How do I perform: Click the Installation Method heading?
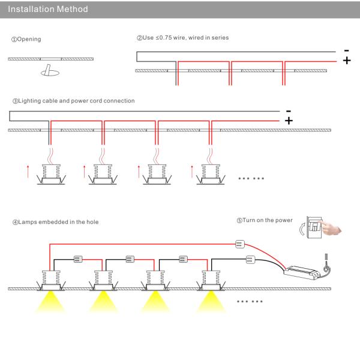click(48, 10)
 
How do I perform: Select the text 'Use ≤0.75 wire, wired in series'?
click(182, 38)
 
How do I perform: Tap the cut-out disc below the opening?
click(49, 73)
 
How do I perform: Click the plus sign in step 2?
click(346, 61)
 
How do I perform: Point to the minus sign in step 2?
click(346, 51)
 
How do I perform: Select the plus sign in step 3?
click(289, 121)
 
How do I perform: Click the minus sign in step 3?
click(289, 111)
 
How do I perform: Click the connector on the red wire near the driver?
click(239, 243)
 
